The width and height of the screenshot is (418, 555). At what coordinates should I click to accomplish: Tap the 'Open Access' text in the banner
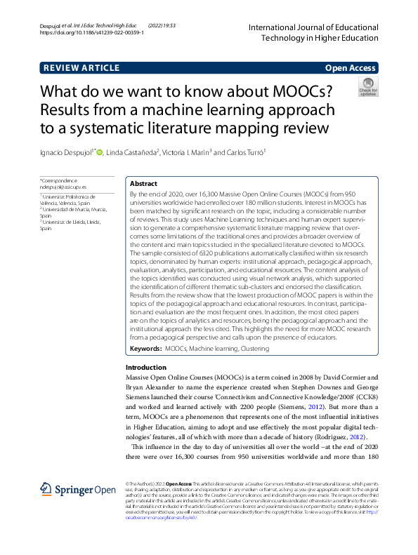[351, 68]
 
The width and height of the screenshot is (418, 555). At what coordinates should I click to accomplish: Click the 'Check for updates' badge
[367, 88]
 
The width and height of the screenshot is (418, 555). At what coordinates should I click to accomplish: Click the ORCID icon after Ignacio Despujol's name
[100, 152]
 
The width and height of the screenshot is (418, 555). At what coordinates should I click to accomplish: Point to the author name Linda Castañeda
[133, 153]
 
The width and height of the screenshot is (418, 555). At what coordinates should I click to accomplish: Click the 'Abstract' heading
[143, 184]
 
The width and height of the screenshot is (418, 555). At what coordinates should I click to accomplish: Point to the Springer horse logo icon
[46, 490]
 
